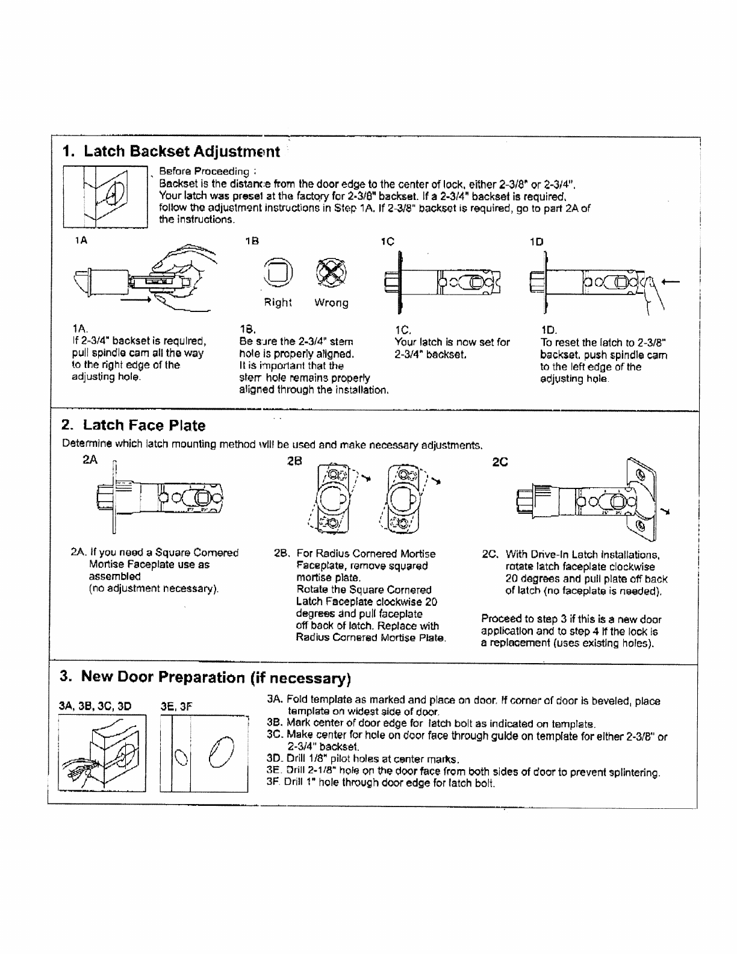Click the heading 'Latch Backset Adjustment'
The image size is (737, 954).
[x=182, y=151]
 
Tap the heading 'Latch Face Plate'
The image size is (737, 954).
[x=144, y=425]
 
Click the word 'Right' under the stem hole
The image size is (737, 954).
[x=278, y=302]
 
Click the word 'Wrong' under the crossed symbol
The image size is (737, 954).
[x=331, y=303]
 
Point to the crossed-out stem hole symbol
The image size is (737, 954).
[x=331, y=273]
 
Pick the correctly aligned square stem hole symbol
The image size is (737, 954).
[x=278, y=273]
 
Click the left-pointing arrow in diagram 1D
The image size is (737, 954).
[x=671, y=282]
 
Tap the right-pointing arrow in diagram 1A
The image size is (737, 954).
[x=135, y=299]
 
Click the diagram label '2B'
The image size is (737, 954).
[x=294, y=461]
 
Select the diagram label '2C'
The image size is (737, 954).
[x=500, y=462]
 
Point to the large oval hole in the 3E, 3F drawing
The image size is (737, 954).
[x=221, y=752]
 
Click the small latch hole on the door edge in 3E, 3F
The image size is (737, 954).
[x=181, y=757]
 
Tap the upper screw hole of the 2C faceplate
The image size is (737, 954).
[x=640, y=474]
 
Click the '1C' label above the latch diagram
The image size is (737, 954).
[x=388, y=242]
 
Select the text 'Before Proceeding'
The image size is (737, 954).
[x=204, y=171]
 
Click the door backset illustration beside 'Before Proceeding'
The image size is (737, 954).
[x=105, y=197]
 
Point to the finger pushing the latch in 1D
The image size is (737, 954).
[x=654, y=293]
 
